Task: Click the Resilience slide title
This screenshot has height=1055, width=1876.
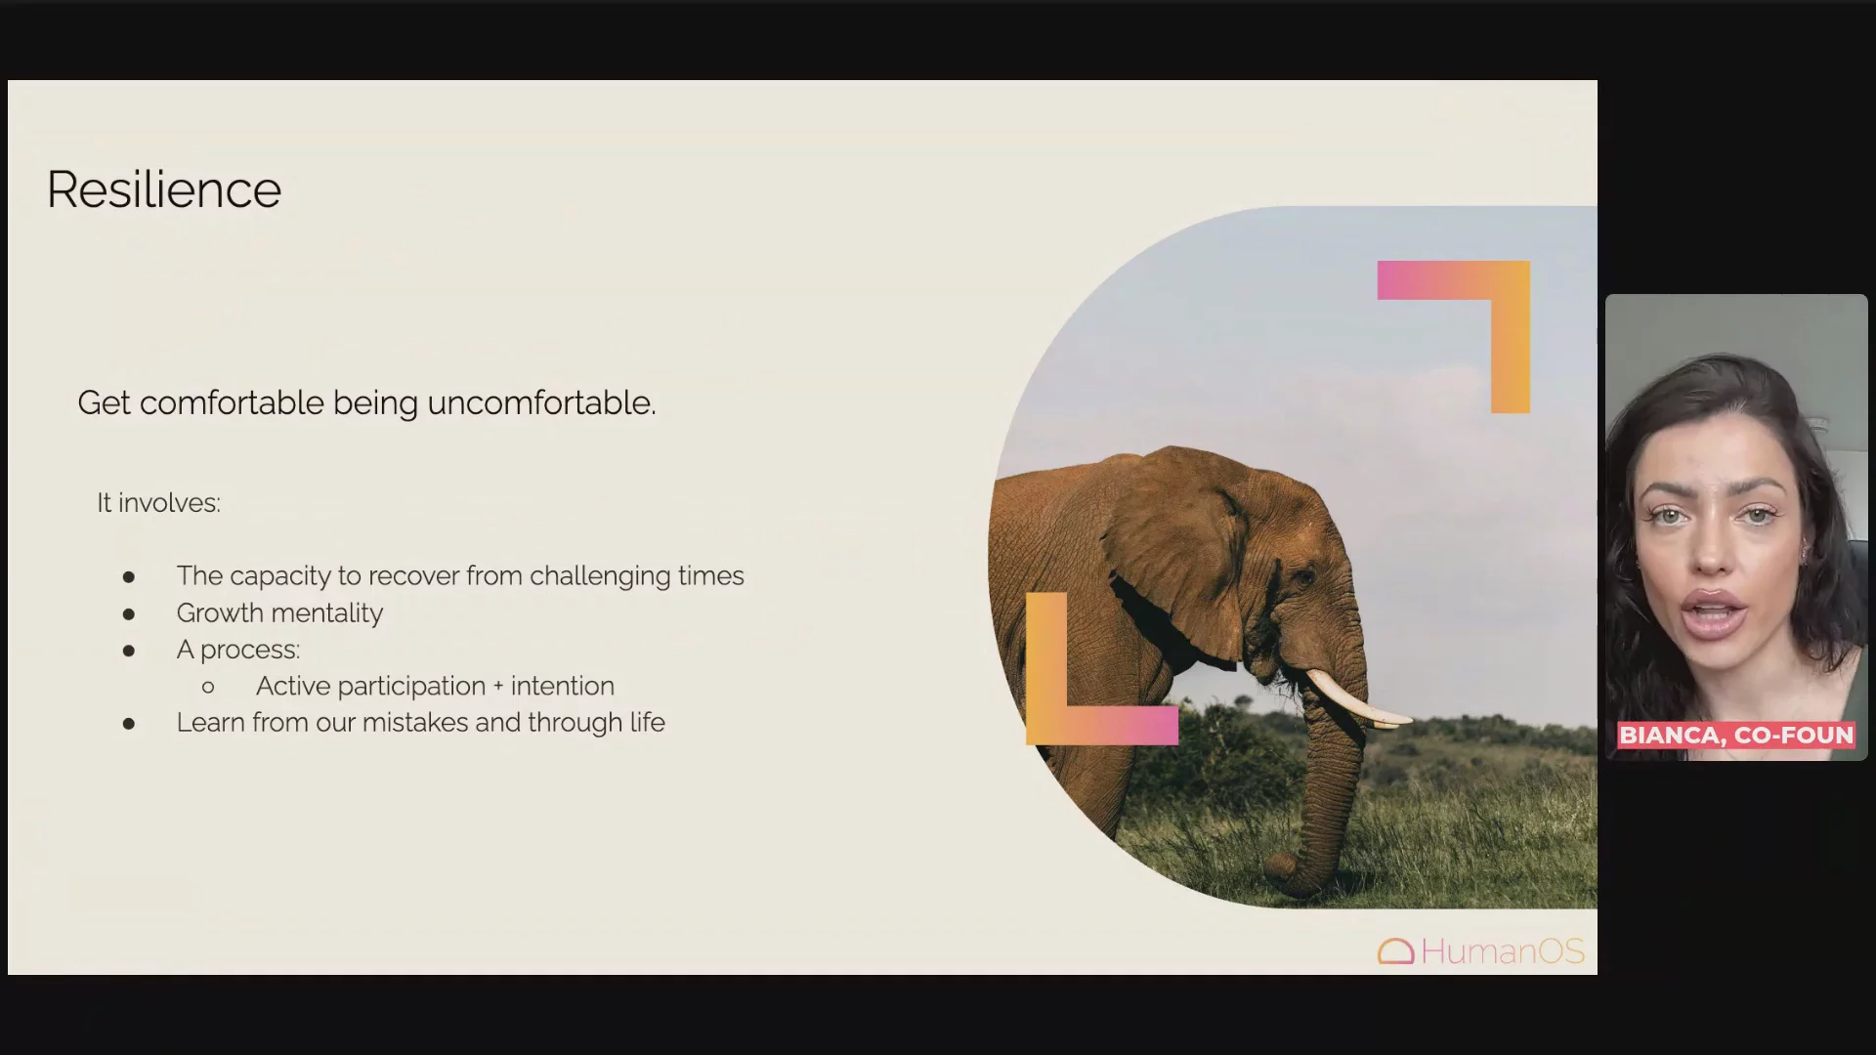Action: pyautogui.click(x=164, y=190)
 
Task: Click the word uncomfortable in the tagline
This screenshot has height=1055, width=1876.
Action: pyautogui.click(x=541, y=402)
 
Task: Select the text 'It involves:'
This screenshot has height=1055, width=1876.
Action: pyautogui.click(x=158, y=503)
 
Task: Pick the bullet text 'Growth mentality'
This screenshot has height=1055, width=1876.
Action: pyautogui.click(x=279, y=613)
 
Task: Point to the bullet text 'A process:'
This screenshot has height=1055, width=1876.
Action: pyautogui.click(x=238, y=650)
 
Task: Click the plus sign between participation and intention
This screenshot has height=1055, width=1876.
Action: pyautogui.click(x=498, y=687)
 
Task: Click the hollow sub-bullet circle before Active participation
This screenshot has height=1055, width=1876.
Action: pyautogui.click(x=208, y=688)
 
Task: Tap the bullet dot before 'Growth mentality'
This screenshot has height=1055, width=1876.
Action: pyautogui.click(x=129, y=614)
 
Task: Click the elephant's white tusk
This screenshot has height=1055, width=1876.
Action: pyautogui.click(x=1353, y=701)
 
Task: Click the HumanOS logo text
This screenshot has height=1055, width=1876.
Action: pyautogui.click(x=1503, y=951)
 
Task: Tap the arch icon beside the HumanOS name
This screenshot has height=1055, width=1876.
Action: pyautogui.click(x=1396, y=952)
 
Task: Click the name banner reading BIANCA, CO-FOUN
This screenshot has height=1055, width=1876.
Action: pyautogui.click(x=1736, y=736)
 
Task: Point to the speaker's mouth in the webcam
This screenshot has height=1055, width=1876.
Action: pyautogui.click(x=1717, y=614)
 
